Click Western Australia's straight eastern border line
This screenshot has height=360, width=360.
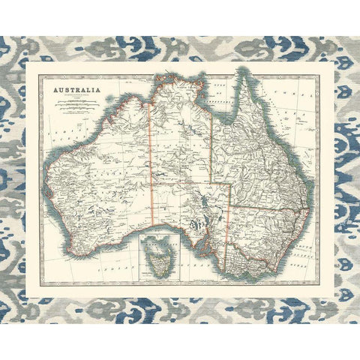(151, 165)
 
